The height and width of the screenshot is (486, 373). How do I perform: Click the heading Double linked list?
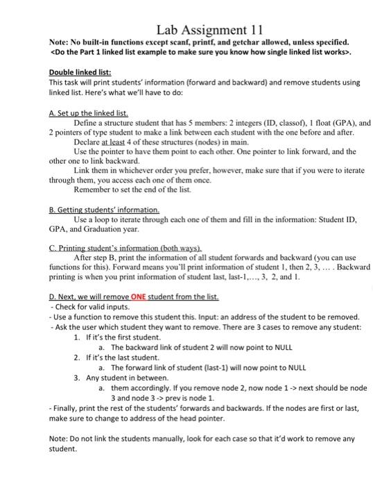point(80,72)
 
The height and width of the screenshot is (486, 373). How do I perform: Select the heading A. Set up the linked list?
point(89,112)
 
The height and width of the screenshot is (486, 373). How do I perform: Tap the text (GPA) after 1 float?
point(339,121)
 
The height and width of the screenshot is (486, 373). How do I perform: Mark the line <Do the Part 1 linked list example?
point(202,52)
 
